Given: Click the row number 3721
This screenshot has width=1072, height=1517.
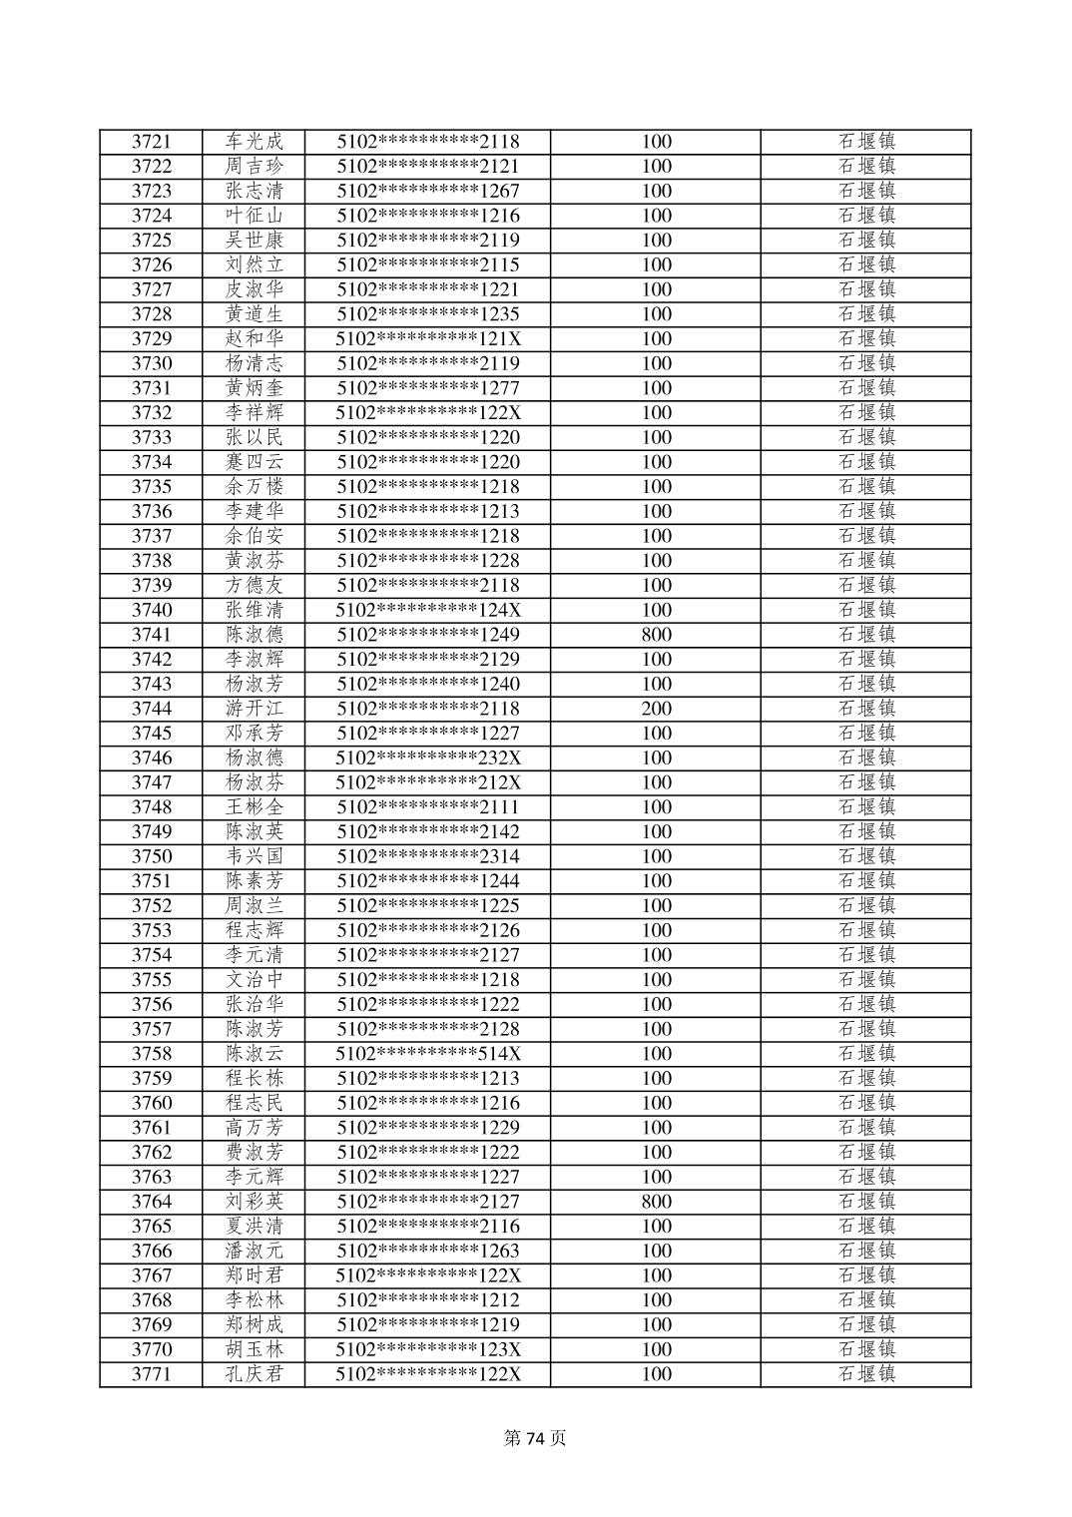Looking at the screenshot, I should pyautogui.click(x=152, y=142).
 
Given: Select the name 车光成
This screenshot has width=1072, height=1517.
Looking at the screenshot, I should pyautogui.click(x=254, y=142).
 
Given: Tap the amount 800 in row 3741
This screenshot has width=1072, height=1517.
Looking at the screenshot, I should pyautogui.click(x=656, y=635).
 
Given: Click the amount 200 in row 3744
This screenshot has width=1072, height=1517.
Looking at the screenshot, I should pyautogui.click(x=656, y=709).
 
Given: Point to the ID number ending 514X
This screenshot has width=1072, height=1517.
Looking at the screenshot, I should pyautogui.click(x=428, y=1054).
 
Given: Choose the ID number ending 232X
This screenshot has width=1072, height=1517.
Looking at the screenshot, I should pyautogui.click(x=428, y=758).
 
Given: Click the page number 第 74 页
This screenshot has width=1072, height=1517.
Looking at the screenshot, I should pyautogui.click(x=535, y=1438).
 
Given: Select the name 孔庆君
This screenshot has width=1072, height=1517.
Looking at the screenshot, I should pyautogui.click(x=254, y=1374).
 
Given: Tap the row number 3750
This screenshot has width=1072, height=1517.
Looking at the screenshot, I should pyautogui.click(x=152, y=856).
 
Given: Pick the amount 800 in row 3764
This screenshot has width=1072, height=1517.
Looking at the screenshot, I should pyautogui.click(x=656, y=1202).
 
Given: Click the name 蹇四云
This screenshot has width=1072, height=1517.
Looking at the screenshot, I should pyautogui.click(x=254, y=462).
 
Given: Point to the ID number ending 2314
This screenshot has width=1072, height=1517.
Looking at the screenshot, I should pyautogui.click(x=428, y=856).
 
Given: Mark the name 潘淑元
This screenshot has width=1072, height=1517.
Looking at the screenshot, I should pyautogui.click(x=254, y=1251).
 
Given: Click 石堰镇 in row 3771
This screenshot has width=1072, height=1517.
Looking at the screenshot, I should pyautogui.click(x=865, y=1374).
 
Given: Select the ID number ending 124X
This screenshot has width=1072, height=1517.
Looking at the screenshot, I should pyautogui.click(x=428, y=610).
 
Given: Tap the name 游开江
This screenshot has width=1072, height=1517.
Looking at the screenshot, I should pyautogui.click(x=254, y=709).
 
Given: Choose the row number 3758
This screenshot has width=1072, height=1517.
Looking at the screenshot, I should pyautogui.click(x=152, y=1054).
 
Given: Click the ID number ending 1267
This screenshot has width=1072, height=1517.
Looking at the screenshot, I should pyautogui.click(x=428, y=191).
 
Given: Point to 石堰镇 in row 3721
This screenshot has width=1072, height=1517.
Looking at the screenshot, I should pyautogui.click(x=865, y=142).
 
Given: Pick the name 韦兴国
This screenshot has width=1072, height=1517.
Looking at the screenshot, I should pyautogui.click(x=254, y=856).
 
